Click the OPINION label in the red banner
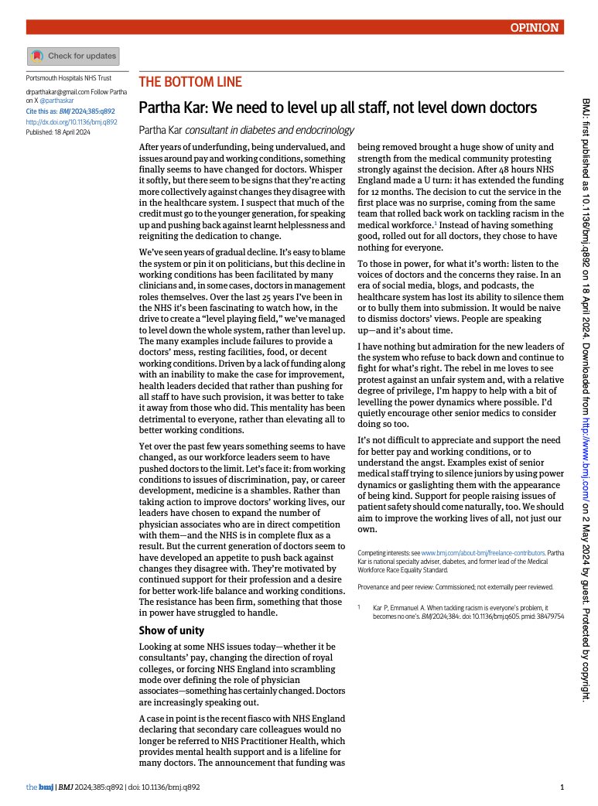click(534, 27)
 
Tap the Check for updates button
click(73, 56)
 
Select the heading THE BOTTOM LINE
click(190, 82)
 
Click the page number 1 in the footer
click(561, 787)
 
